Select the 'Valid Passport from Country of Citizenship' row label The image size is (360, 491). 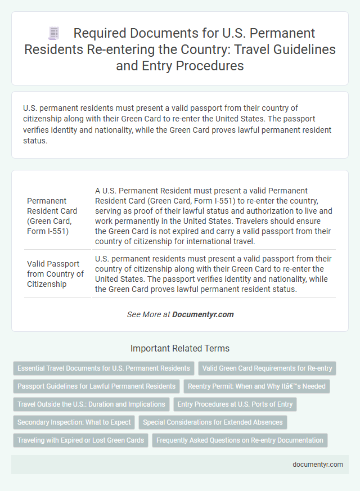coord(55,273)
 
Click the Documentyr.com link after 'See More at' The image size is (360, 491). coord(204,314)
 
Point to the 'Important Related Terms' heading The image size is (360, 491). coord(180,348)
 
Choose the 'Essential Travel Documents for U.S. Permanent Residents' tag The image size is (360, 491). coord(103,368)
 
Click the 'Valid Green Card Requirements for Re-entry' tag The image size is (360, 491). coord(267,368)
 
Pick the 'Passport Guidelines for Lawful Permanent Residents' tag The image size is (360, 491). coord(96,386)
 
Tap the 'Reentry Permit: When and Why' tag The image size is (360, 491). coord(257,386)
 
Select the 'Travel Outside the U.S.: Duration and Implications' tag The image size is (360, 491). coord(91,404)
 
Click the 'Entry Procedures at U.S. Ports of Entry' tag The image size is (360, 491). coord(236,404)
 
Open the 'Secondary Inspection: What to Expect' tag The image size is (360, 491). coord(74,422)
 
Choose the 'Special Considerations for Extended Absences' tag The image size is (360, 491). coord(214,422)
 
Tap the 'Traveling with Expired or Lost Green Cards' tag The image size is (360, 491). coord(80,440)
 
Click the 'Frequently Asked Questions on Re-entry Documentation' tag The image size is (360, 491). coord(240,440)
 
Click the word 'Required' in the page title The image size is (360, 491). coord(102,34)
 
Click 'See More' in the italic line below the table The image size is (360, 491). coord(145,314)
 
